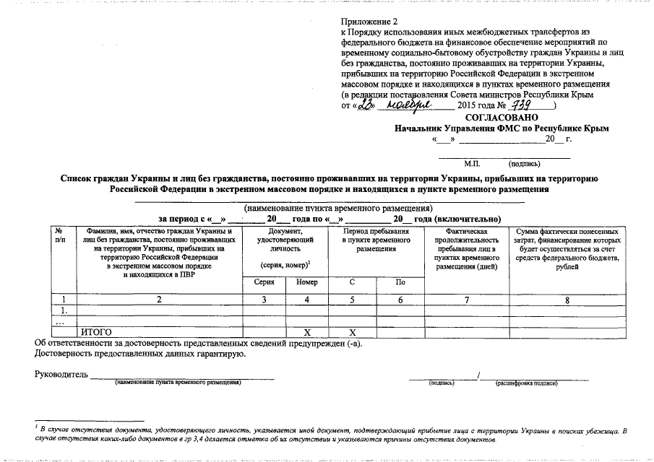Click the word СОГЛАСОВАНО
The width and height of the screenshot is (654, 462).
497,117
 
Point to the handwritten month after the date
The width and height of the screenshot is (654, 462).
409,105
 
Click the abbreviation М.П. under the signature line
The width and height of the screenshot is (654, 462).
472,164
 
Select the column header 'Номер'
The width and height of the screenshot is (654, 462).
306,282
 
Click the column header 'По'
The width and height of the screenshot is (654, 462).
400,282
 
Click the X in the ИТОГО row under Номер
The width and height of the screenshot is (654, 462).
306,331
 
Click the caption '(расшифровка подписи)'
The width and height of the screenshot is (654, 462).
526,383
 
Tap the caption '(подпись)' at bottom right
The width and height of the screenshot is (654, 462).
442,383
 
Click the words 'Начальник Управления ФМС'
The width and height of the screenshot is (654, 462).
455,128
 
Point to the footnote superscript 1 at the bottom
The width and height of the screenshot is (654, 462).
36,427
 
